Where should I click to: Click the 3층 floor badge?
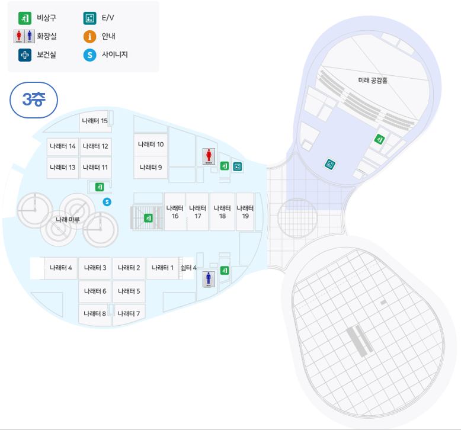pos(34,100)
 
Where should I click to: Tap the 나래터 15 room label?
pos(95,121)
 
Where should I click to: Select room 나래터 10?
pos(151,145)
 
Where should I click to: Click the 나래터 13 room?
pos(63,168)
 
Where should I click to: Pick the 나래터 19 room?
pos(245,211)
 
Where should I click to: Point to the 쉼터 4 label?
pos(188,268)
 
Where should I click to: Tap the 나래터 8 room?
pos(95,315)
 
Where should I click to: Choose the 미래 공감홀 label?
pos(373,80)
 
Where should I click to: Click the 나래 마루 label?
pos(68,220)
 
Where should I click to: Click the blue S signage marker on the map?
pos(107,202)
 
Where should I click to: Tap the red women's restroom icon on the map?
pos(209,156)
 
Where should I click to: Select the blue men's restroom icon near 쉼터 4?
pos(209,279)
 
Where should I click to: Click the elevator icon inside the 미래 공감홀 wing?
pos(330,164)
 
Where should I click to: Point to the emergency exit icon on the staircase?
pos(149,218)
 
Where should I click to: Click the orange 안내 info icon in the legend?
pos(89,37)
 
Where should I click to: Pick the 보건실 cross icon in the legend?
pos(25,55)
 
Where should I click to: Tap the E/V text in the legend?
pos(108,18)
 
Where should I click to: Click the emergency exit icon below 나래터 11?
pos(100,187)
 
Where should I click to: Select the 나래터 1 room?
pos(162,268)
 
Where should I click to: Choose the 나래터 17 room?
pos(198,211)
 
